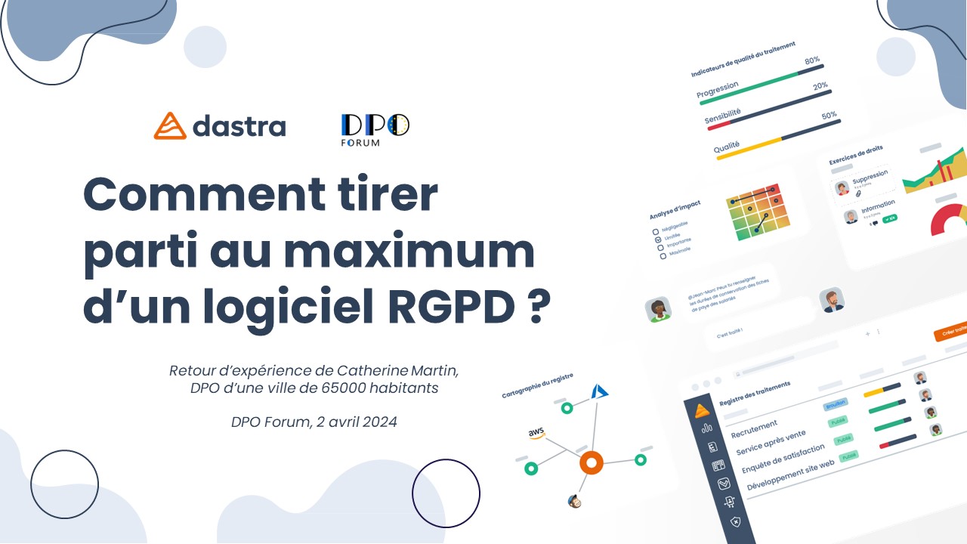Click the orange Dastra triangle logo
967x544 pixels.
tap(170, 126)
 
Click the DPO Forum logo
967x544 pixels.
tap(375, 129)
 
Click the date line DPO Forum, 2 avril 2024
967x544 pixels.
tap(314, 422)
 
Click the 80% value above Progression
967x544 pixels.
tap(812, 60)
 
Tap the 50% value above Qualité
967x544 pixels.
tap(830, 116)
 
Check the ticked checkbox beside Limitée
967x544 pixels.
tap(658, 240)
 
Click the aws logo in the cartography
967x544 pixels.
tap(536, 434)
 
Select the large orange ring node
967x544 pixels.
tap(591, 462)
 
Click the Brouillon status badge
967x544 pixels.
tap(836, 404)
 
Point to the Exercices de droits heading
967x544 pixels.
tap(855, 156)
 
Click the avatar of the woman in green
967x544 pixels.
tap(658, 309)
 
